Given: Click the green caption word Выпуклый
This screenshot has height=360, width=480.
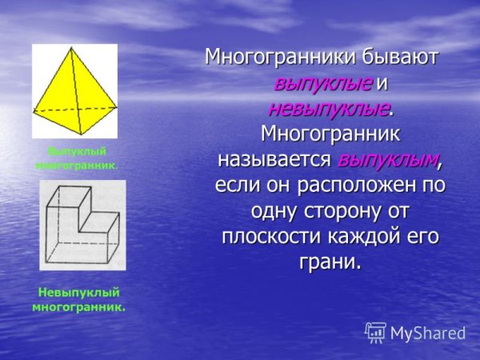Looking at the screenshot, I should tap(77, 151).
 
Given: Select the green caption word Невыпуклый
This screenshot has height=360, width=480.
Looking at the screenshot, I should tap(78, 292).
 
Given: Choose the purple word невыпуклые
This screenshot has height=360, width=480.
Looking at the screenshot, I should tap(329, 107).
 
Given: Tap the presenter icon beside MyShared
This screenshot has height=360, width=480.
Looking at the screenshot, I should tap(375, 332).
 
